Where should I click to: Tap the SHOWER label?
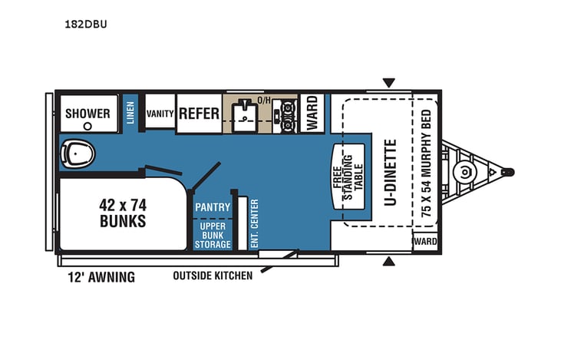(87, 114)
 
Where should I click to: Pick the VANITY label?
(160, 114)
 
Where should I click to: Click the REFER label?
(200, 114)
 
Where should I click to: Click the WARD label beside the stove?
(312, 114)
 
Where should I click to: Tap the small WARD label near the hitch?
(425, 241)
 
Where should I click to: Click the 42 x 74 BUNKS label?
(123, 213)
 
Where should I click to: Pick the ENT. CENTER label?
(254, 223)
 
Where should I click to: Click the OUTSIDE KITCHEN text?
(213, 276)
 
